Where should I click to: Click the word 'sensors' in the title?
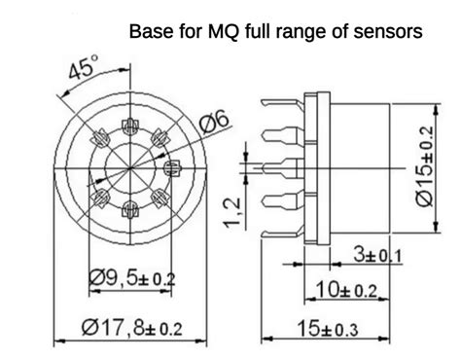[x=389, y=32]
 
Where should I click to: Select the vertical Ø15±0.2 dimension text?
[x=427, y=165]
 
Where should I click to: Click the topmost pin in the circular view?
[x=132, y=126]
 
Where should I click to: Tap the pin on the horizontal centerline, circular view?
[x=174, y=166]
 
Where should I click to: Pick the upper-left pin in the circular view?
[x=102, y=137]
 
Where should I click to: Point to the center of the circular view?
[x=132, y=166]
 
